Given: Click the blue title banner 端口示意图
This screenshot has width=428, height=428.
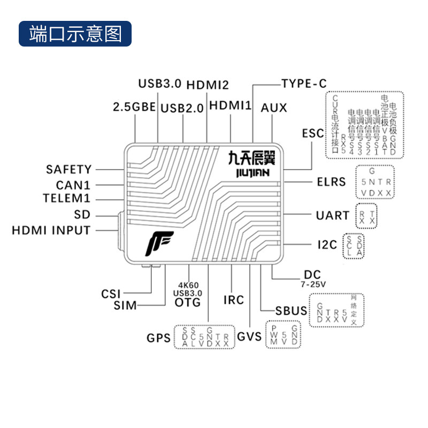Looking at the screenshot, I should pyautogui.click(x=75, y=34).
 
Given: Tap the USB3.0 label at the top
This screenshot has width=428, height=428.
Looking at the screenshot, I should pyautogui.click(x=160, y=84).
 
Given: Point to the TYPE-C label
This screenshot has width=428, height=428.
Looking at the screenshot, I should pyautogui.click(x=303, y=83).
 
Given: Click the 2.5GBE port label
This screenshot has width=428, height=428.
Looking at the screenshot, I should pyautogui.click(x=134, y=106).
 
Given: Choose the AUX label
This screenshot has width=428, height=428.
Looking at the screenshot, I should pyautogui.click(x=274, y=108).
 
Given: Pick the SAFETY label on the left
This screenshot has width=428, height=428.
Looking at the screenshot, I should pyautogui.click(x=69, y=170).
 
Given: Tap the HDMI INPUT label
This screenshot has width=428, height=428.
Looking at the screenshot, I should pyautogui.click(x=51, y=231).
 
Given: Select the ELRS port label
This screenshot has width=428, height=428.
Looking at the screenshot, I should pyautogui.click(x=331, y=182).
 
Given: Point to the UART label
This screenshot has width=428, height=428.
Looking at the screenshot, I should pyautogui.click(x=332, y=216).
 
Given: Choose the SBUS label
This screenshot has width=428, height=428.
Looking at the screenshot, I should pyautogui.click(x=292, y=311).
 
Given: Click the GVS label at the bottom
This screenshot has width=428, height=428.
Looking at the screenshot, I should pyautogui.click(x=249, y=337).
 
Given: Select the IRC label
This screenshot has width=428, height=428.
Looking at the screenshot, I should pyautogui.click(x=233, y=300).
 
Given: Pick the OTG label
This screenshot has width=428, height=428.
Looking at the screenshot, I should pyautogui.click(x=188, y=302).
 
